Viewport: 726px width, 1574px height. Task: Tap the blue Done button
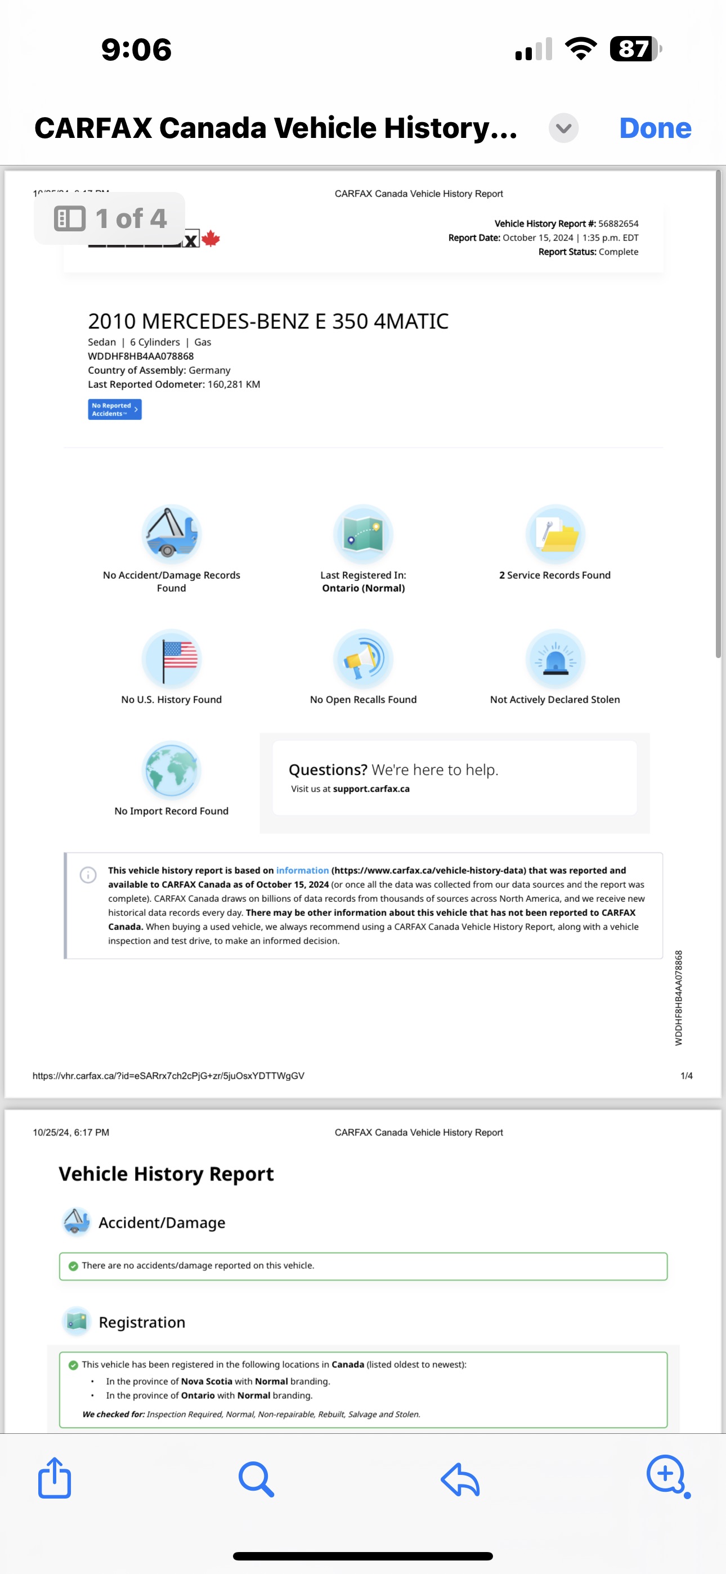click(x=655, y=128)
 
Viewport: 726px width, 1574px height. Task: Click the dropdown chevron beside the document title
click(x=563, y=128)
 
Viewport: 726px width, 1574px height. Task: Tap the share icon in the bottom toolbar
click(x=55, y=1478)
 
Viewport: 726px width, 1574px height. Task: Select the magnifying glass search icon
click(x=256, y=1479)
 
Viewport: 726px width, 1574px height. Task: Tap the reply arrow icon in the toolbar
click(x=460, y=1479)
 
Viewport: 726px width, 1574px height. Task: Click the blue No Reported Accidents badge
click(x=114, y=409)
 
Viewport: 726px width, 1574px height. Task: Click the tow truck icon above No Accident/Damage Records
click(x=171, y=534)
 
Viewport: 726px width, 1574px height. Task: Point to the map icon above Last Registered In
click(x=363, y=534)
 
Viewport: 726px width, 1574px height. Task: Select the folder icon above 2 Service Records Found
click(x=555, y=534)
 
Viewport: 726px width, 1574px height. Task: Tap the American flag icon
click(x=171, y=659)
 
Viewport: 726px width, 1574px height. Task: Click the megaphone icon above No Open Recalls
click(x=363, y=659)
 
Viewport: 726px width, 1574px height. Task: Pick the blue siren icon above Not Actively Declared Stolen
click(x=555, y=659)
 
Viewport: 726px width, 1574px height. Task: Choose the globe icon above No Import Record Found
click(x=171, y=770)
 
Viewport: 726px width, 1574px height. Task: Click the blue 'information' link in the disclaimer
click(x=302, y=870)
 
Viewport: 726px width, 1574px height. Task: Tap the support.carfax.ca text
click(x=371, y=789)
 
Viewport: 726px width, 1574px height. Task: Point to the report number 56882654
click(x=618, y=223)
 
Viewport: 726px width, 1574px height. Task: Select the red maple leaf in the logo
click(x=211, y=238)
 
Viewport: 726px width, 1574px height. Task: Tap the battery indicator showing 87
click(x=635, y=49)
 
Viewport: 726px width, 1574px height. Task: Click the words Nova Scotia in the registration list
click(x=207, y=1381)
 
